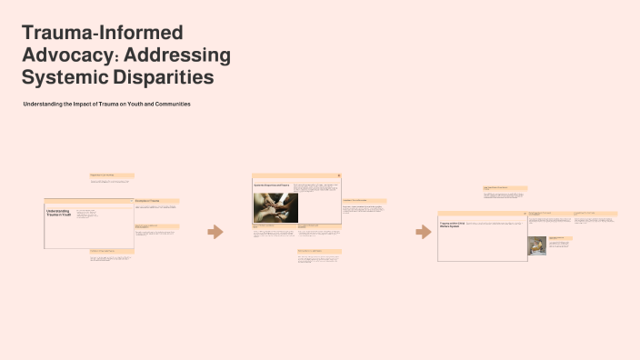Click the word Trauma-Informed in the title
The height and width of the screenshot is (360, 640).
point(102,34)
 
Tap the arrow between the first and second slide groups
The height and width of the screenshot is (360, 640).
point(215,232)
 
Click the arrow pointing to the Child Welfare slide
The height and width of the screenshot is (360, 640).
point(423,232)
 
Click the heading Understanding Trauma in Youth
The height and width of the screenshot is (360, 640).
point(58,213)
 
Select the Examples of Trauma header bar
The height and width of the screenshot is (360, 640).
point(156,200)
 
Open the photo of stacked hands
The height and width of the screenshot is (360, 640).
point(275,207)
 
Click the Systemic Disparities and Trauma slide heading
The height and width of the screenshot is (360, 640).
point(271,185)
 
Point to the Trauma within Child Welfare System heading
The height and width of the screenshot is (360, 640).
point(452,224)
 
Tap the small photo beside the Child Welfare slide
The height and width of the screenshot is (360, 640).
point(536,245)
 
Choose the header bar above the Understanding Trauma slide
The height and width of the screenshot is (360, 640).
point(112,175)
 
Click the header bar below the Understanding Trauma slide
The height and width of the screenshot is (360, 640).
point(112,251)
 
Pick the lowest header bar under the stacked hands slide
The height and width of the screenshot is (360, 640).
point(319,251)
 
